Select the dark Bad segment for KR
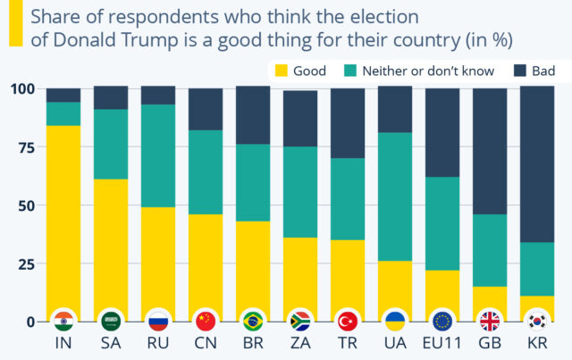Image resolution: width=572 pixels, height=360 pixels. point(537,165)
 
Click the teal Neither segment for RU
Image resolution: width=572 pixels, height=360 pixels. point(157,156)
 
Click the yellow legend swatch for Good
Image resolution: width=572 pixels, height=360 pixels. point(280,71)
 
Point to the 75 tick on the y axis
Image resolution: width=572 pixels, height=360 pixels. point(24,147)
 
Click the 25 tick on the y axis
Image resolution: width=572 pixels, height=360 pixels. point(24,264)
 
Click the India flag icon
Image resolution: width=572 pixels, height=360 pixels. point(63,321)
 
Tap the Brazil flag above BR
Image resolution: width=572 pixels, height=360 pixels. point(252,321)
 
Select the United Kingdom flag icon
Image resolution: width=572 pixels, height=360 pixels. point(490,321)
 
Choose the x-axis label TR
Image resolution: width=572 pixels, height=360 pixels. point(348,344)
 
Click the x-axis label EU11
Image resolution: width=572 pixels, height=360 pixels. point(442,344)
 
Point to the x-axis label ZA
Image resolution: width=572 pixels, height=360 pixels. point(299,344)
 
